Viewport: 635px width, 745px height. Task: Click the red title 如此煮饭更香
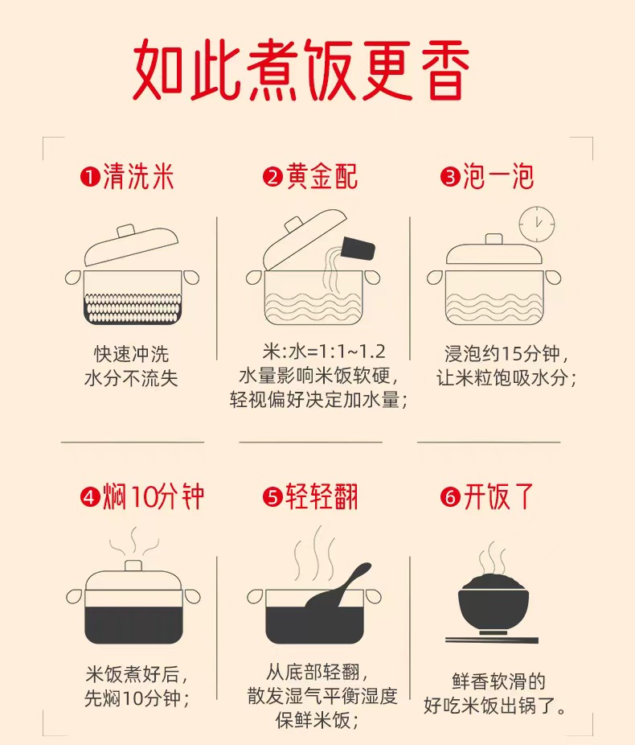click(301, 69)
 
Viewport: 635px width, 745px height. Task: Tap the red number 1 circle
click(90, 177)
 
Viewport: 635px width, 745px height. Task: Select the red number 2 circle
click(272, 177)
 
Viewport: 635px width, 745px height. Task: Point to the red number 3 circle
click(450, 177)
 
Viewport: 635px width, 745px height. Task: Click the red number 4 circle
click(90, 497)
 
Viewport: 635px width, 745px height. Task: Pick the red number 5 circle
click(272, 497)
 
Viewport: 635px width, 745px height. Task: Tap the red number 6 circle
click(450, 497)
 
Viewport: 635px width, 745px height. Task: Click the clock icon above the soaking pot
click(537, 224)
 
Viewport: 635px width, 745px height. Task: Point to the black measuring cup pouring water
click(358, 249)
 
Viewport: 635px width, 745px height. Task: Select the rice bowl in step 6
click(493, 604)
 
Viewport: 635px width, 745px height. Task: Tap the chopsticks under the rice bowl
click(492, 640)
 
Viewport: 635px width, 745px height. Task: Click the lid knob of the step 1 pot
click(126, 231)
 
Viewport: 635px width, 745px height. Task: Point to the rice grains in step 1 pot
click(133, 308)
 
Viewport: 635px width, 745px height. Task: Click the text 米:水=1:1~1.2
click(324, 352)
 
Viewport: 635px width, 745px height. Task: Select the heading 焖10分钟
click(154, 497)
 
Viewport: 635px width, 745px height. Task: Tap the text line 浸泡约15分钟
click(503, 353)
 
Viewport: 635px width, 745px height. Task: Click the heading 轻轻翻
click(322, 497)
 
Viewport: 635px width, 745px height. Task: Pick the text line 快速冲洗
click(132, 354)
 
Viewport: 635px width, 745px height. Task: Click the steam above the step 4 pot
click(134, 541)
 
